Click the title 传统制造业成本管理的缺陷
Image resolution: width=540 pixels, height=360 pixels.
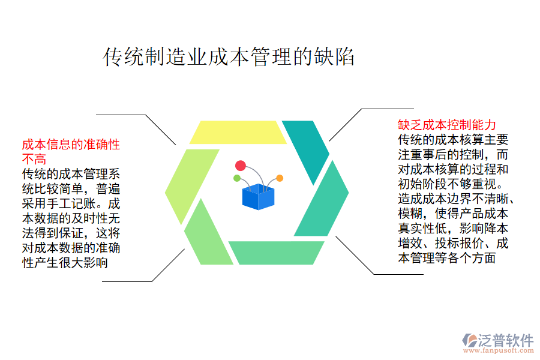229,57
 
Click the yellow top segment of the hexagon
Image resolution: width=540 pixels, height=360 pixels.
238,133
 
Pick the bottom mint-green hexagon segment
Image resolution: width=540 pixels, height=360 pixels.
275,253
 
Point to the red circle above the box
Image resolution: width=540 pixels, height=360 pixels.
241,166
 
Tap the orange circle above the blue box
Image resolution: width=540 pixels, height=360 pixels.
280,178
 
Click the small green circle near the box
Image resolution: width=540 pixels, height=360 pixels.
237,178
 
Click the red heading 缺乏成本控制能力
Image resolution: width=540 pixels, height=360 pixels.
447,125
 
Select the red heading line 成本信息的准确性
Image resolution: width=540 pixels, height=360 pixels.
71,145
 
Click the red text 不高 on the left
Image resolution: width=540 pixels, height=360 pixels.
34,159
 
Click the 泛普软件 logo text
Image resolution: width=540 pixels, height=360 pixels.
506,340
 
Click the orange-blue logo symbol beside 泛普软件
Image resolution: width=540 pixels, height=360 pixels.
469,341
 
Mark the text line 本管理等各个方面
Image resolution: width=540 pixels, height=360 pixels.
447,259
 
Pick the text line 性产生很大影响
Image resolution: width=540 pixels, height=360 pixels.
65,262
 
